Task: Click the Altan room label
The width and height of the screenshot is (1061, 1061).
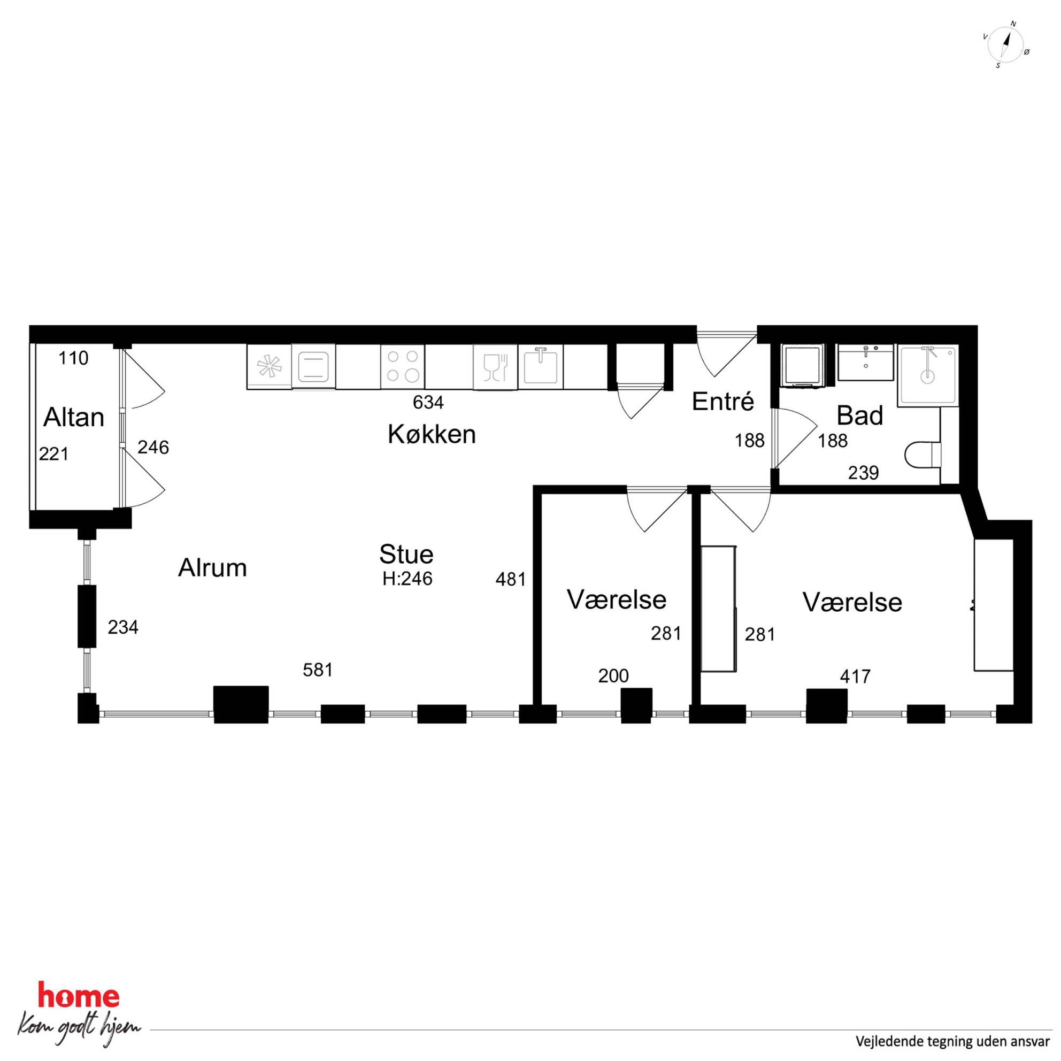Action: click(74, 418)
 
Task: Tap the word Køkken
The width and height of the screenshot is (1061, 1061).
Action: click(432, 434)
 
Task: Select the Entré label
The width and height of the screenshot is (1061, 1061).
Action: click(722, 402)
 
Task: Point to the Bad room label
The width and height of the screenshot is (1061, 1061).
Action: click(859, 416)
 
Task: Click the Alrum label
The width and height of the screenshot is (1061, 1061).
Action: click(212, 568)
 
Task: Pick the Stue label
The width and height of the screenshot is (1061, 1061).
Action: click(406, 555)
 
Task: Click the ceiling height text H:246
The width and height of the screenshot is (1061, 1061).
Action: click(408, 578)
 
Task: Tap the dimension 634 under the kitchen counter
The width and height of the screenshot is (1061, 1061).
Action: click(428, 403)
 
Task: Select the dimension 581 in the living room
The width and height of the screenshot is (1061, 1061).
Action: click(318, 670)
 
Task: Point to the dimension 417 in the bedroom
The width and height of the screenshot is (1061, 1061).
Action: click(855, 676)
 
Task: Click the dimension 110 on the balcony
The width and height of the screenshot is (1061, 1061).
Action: click(74, 358)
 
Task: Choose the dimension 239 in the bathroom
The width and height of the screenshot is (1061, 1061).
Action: click(863, 473)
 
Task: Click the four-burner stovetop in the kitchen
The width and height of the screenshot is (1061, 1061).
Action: click(403, 366)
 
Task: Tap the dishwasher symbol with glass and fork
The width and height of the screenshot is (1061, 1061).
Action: click(495, 367)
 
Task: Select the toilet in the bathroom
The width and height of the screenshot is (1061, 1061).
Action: click(922, 455)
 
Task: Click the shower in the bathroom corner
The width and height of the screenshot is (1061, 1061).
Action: click(928, 376)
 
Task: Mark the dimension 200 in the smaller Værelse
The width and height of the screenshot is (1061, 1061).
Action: click(613, 676)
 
